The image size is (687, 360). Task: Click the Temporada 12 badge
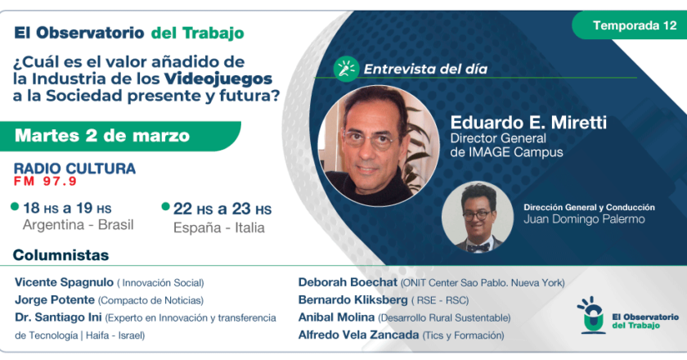click(x=630, y=25)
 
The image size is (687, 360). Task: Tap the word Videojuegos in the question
click(x=218, y=79)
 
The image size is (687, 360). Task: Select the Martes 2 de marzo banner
click(x=120, y=136)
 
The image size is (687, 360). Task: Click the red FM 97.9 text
click(x=45, y=181)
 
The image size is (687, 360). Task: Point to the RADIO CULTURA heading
click(x=74, y=169)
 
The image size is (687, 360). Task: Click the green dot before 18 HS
click(x=15, y=206)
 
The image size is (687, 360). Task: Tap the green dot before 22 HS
click(x=165, y=206)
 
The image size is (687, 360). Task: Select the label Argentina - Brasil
click(x=78, y=224)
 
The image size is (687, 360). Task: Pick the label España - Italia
click(x=218, y=227)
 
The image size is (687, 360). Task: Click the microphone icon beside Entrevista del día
click(x=346, y=70)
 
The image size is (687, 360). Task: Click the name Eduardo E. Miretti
click(x=528, y=123)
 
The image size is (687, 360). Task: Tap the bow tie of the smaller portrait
click(x=478, y=247)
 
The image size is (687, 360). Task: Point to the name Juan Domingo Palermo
click(x=584, y=219)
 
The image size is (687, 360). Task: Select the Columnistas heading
click(x=61, y=255)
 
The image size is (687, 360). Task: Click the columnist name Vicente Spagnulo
click(x=64, y=282)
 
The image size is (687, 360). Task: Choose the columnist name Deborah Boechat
click(x=348, y=282)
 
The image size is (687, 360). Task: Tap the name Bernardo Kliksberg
click(x=352, y=300)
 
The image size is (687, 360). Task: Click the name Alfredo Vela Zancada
click(x=358, y=335)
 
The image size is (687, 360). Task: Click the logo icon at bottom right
click(x=592, y=315)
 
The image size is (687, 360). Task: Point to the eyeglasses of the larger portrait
click(x=369, y=139)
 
